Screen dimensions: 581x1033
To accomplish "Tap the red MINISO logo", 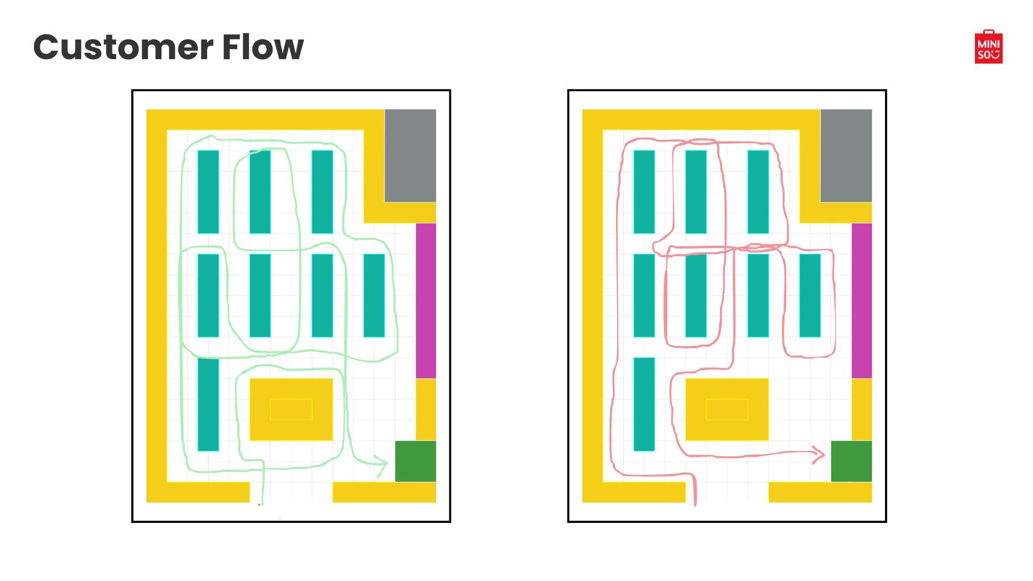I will pos(988,47).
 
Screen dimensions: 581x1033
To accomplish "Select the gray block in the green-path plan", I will pos(410,155).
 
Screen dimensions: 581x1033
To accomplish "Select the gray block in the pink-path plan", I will pos(846,155).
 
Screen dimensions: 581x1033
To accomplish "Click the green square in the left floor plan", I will pos(415,461).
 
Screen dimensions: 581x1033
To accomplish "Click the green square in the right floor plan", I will pos(851,461).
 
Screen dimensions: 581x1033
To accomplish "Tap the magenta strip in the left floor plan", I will pos(426,300).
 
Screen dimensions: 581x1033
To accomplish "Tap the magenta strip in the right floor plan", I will pos(861,300).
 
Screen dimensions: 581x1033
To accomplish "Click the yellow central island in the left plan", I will pos(291,409).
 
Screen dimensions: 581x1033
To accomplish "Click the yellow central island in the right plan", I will pos(727,409).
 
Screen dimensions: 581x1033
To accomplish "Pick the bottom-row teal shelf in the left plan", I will pos(208,404).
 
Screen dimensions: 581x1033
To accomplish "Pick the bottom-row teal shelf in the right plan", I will pos(644,404).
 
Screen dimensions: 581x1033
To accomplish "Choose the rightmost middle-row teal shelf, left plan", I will pos(374,295).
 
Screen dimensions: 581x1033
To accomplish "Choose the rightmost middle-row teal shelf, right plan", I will pos(810,295).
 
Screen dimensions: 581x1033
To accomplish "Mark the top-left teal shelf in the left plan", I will pos(208,192).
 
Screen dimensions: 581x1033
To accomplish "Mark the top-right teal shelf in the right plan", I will pos(758,192).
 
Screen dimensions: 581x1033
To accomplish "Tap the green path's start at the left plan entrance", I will pos(263,498).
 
